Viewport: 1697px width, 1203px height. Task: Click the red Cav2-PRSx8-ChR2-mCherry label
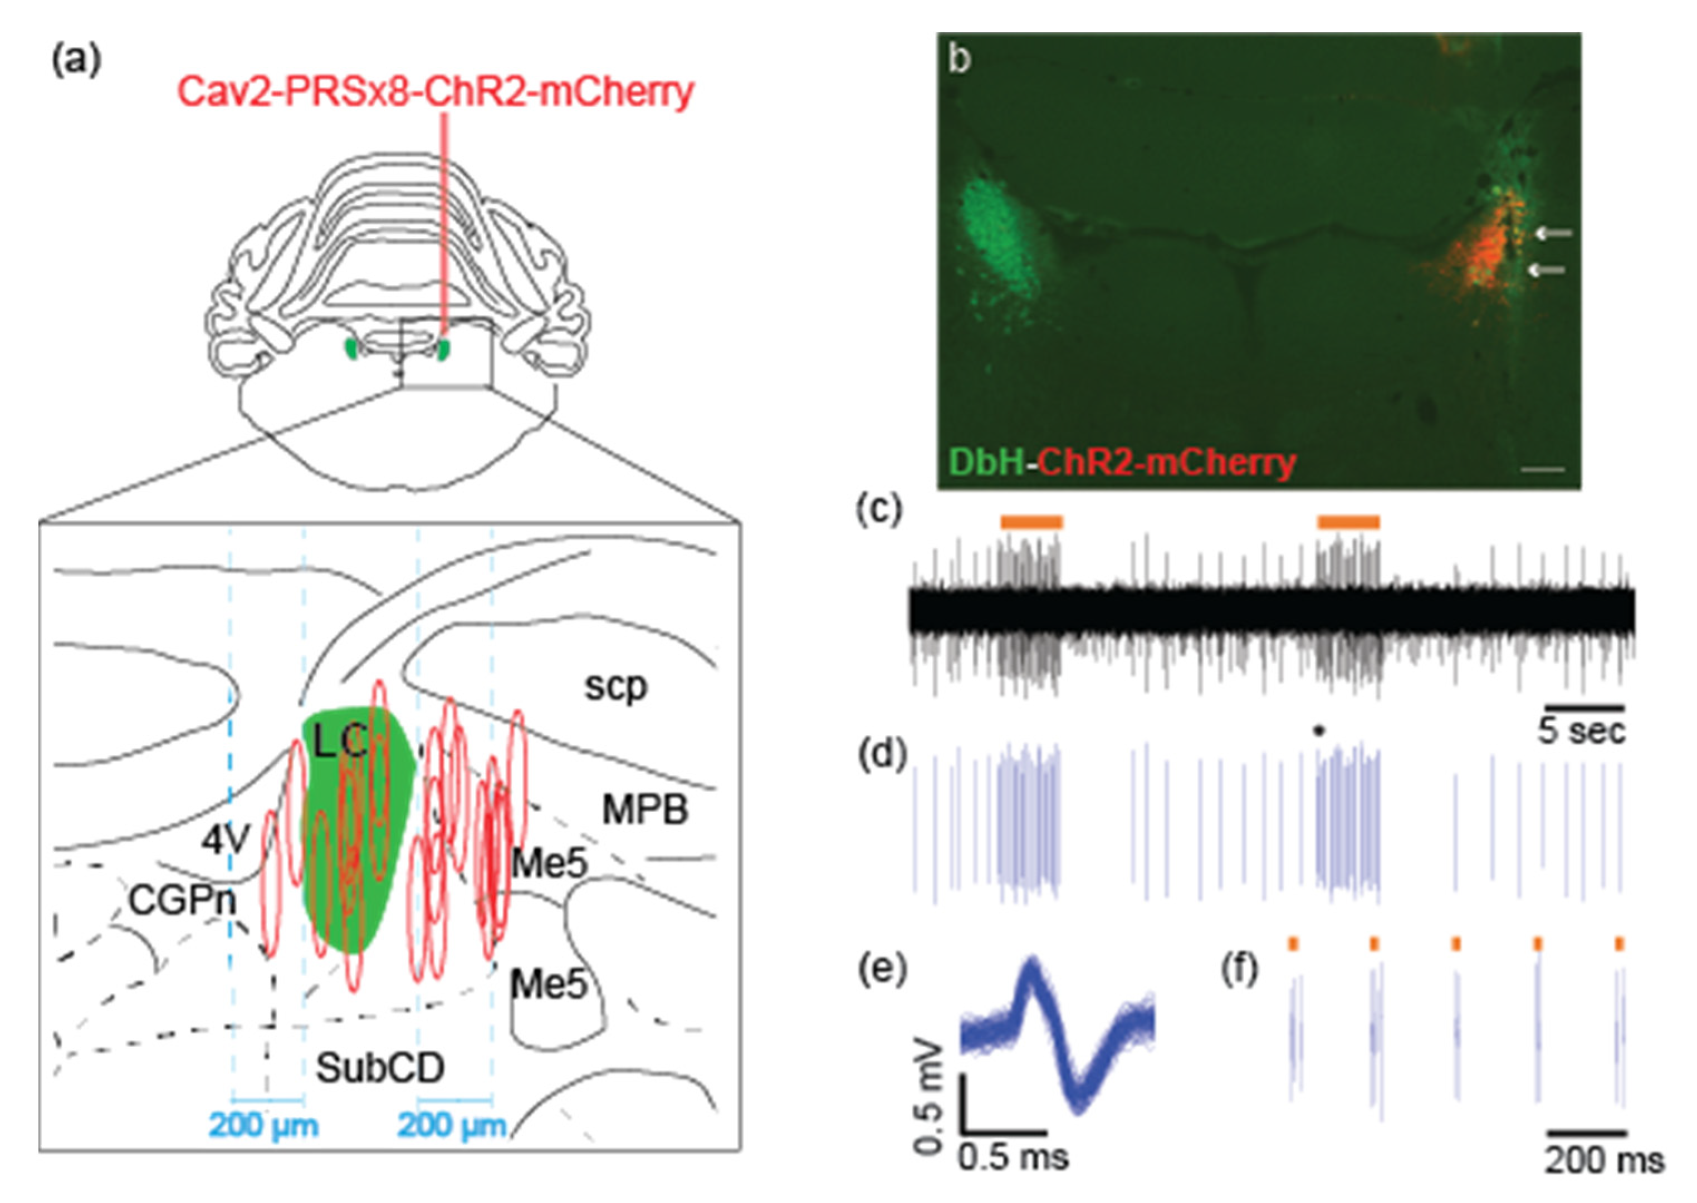pyautogui.click(x=435, y=92)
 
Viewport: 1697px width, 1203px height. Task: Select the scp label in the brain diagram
pyautogui.click(x=615, y=687)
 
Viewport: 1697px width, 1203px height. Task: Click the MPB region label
pyautogui.click(x=645, y=809)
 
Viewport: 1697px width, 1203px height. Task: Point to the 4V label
pyautogui.click(x=226, y=840)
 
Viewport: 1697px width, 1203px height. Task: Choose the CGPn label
pyautogui.click(x=182, y=900)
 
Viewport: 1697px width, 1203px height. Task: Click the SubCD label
pyautogui.click(x=380, y=1067)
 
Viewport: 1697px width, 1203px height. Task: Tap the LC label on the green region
pyautogui.click(x=339, y=741)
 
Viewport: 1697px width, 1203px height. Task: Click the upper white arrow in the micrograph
pyautogui.click(x=1553, y=233)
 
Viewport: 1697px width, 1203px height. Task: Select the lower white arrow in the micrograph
pyautogui.click(x=1547, y=271)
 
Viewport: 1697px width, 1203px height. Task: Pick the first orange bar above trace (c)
pyautogui.click(x=1031, y=522)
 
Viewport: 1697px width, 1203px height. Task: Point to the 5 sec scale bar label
pyautogui.click(x=1581, y=731)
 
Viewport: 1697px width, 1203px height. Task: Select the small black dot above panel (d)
pyautogui.click(x=1318, y=731)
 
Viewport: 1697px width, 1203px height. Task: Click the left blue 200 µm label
pyautogui.click(x=264, y=1125)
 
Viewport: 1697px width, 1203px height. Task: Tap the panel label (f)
pyautogui.click(x=1240, y=970)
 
